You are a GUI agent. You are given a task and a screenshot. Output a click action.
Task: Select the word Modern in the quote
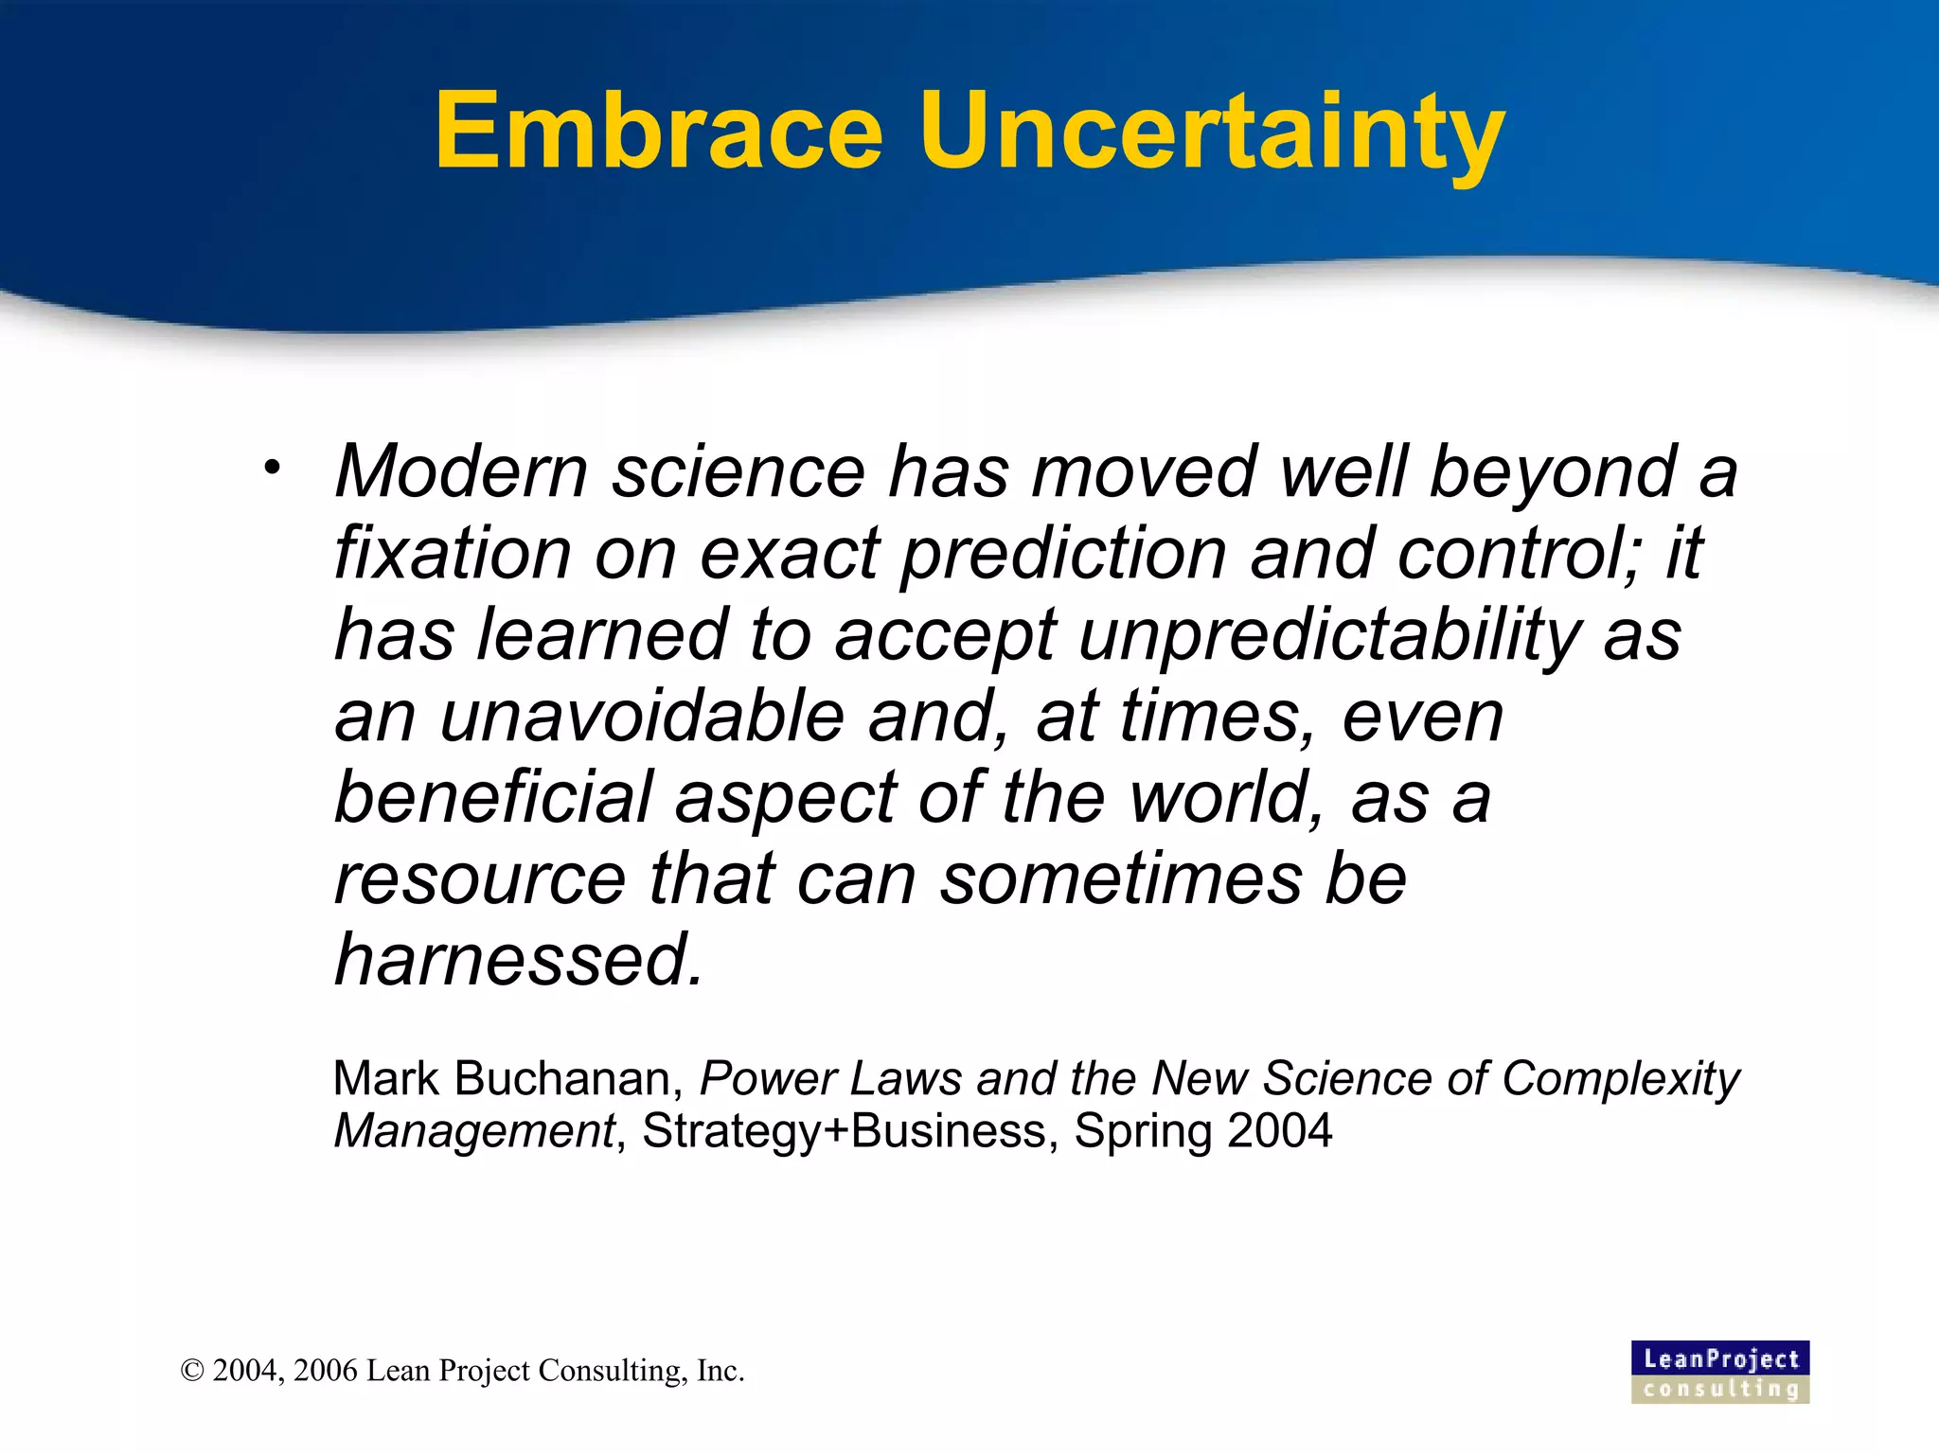pos(461,471)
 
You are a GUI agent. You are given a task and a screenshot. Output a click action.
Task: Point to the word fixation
pos(453,554)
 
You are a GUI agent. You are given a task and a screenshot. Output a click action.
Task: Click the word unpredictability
pos(1329,635)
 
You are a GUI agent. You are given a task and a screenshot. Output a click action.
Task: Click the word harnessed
pos(519,961)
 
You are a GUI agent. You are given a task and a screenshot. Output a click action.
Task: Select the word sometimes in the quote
pos(1120,879)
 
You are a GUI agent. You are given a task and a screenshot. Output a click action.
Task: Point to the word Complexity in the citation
pos(1620,1079)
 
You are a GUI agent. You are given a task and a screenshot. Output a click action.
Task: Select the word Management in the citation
pos(474,1131)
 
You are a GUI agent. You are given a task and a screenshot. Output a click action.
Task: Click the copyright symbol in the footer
pos(192,1372)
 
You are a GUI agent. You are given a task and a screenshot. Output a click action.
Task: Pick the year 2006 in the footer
pos(326,1372)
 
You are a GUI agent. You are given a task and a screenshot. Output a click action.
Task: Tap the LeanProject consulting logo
pos(1720,1372)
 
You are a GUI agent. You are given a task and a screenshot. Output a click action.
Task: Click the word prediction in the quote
pos(1062,554)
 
